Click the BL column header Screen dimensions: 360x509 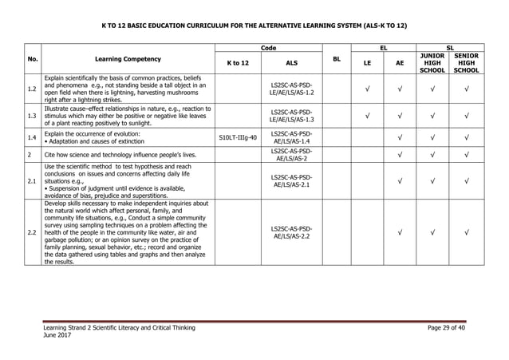click(x=336, y=59)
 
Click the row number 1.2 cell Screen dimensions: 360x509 click(x=30, y=89)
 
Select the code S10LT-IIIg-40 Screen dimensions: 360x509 click(x=238, y=138)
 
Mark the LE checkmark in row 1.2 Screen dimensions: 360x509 click(x=366, y=89)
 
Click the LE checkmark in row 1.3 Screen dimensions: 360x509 click(x=366, y=117)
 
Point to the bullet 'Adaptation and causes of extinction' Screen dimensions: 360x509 click(x=95, y=141)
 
